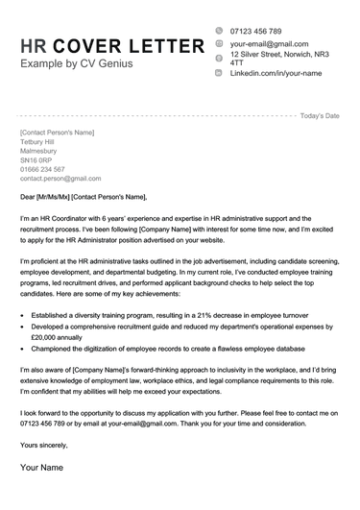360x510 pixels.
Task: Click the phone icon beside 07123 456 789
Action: (219, 31)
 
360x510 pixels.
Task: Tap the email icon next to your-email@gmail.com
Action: (219, 44)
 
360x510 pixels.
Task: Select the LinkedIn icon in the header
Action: (219, 73)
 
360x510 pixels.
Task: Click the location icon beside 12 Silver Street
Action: (219, 59)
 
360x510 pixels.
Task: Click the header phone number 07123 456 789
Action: (256, 31)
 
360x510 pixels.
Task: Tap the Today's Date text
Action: (320, 115)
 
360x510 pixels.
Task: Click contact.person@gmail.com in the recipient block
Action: (60, 179)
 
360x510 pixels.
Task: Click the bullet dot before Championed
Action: (23, 351)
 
